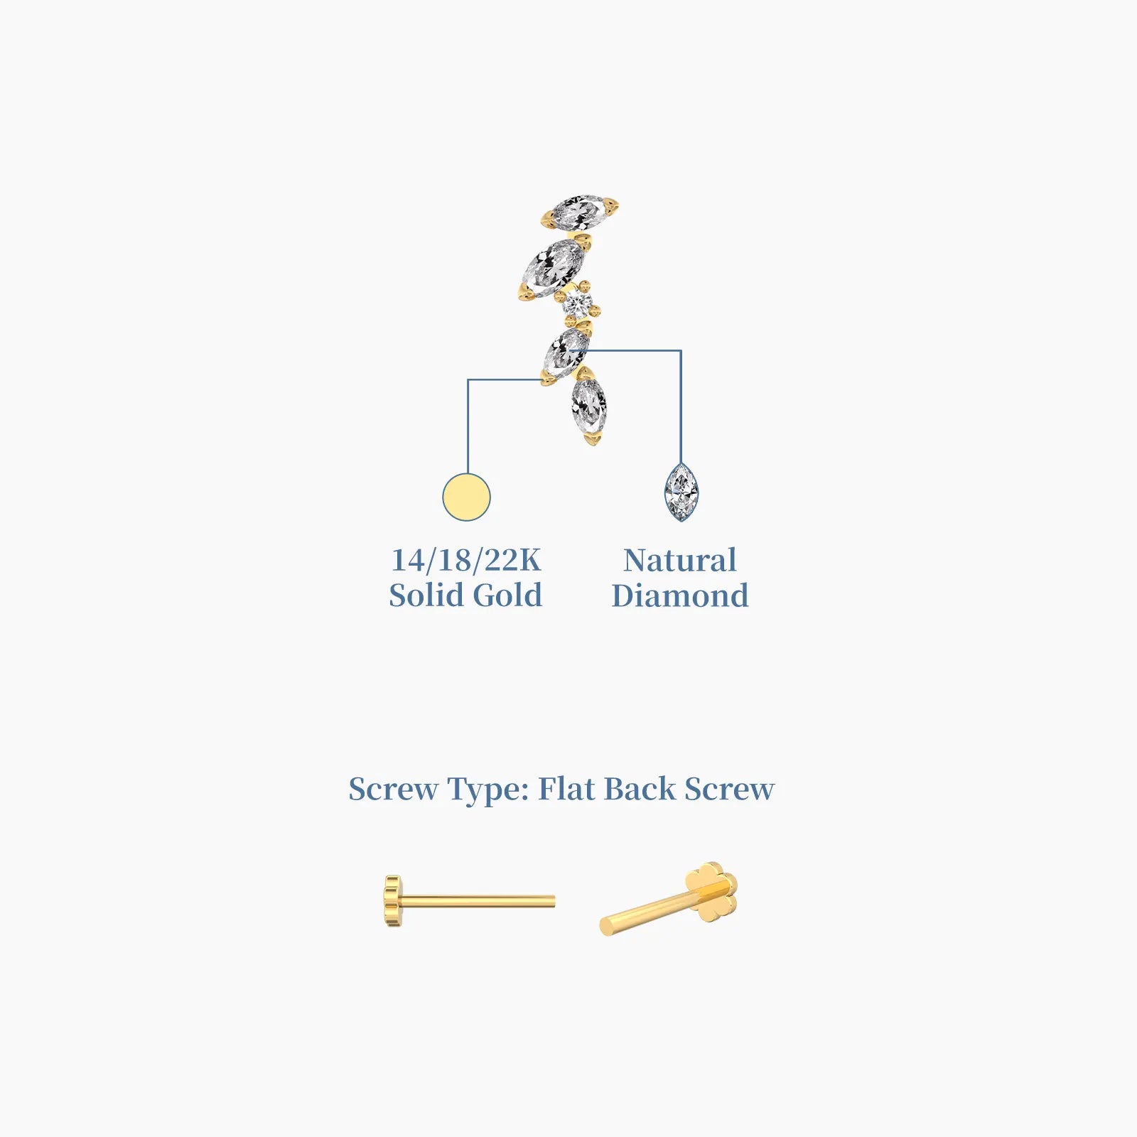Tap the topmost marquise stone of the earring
(x=579, y=212)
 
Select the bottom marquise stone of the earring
(x=590, y=406)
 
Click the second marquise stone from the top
(x=554, y=269)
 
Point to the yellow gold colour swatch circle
(x=466, y=497)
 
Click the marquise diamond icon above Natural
(x=681, y=492)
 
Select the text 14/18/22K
(x=466, y=560)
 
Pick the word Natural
(x=680, y=560)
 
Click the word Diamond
(x=680, y=596)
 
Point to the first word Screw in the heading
(x=392, y=789)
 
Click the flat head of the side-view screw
(x=392, y=902)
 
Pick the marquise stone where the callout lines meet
(x=566, y=353)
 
